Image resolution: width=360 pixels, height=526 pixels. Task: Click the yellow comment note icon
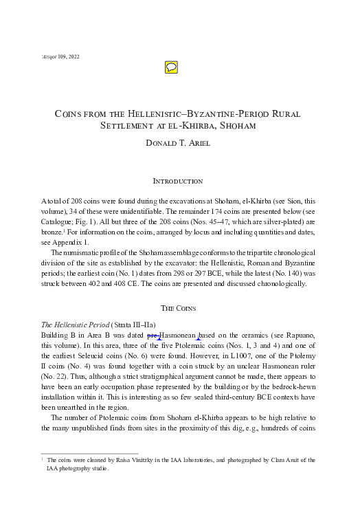point(172,67)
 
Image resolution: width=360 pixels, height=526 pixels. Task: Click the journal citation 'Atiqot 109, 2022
point(60,55)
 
